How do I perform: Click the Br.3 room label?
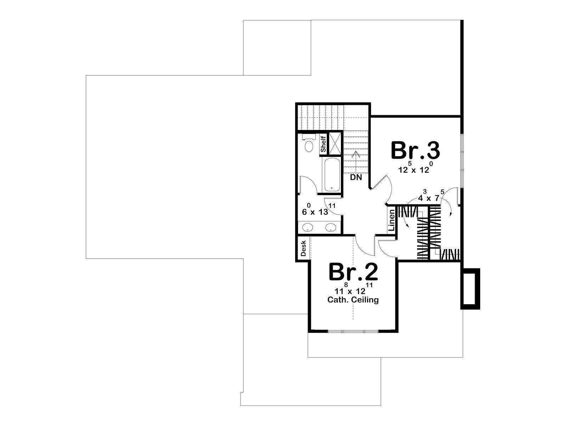415,151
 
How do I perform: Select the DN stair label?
356,177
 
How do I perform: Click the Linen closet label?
392,220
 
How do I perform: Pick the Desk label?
303,248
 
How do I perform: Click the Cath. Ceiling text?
353,300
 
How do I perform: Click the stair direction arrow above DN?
356,161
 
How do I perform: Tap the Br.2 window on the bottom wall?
353,331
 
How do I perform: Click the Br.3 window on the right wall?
462,160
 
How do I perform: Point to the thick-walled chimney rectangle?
470,289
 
